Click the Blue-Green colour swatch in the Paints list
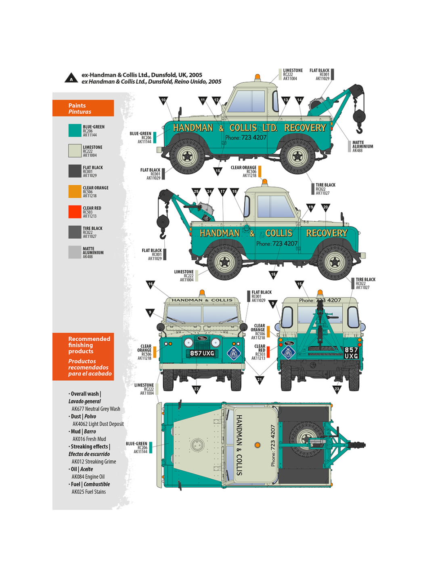coord(75,130)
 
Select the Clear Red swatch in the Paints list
coord(75,211)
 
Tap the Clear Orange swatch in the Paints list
coord(75,191)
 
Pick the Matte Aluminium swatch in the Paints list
coord(75,252)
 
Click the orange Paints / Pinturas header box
coord(83,108)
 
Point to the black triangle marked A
coord(71,78)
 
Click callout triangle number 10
coord(163,100)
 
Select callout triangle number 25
coord(196,192)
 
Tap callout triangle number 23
coord(337,389)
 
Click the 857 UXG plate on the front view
coord(202,353)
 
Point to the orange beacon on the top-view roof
coord(257,445)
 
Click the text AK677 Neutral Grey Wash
coord(96,409)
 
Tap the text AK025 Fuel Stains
coord(88,492)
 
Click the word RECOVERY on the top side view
coord(305,128)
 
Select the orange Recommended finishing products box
coord(83,356)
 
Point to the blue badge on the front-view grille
coord(234,353)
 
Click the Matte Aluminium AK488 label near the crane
coord(362,146)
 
